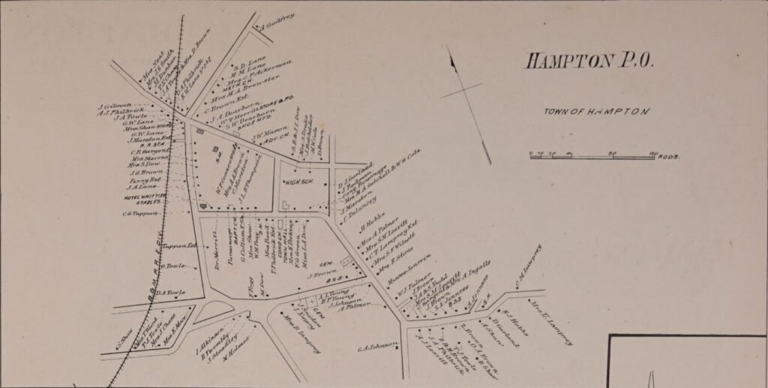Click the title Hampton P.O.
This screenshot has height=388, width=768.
(x=589, y=61)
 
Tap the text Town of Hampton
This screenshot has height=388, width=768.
(x=596, y=111)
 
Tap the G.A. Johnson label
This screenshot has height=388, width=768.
(x=376, y=346)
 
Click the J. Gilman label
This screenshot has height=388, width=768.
(x=115, y=106)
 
